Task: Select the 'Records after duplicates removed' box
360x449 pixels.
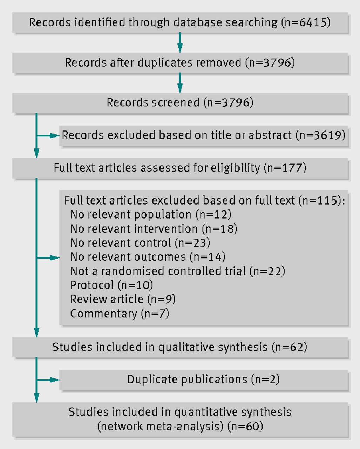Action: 180,63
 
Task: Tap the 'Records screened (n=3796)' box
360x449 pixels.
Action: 180,103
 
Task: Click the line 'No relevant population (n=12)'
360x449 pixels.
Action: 151,214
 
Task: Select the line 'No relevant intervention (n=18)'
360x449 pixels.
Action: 154,229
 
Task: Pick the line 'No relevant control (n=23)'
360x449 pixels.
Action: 140,243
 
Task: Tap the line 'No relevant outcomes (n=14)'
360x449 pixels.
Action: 148,257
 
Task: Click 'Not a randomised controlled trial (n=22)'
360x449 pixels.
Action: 178,271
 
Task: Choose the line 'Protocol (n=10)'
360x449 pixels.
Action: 111,285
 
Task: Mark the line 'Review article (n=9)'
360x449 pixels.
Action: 123,299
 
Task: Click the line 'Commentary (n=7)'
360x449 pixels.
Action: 120,313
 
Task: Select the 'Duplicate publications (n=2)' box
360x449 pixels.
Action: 204,380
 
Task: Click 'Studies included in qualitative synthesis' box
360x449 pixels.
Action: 180,347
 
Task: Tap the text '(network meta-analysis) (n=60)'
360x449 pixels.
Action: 180,427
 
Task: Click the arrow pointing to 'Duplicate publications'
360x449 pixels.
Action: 48,380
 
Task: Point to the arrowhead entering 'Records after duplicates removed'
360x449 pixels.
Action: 180,48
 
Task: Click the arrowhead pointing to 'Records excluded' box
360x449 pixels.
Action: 55,136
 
